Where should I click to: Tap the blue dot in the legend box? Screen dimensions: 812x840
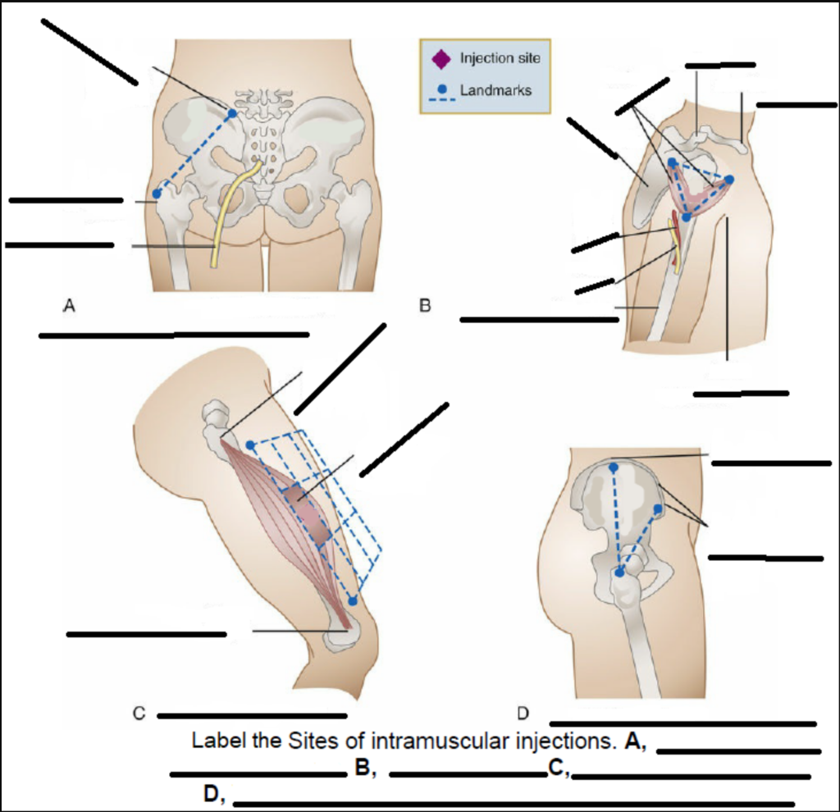441,89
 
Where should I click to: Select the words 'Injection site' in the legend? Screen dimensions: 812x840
500,59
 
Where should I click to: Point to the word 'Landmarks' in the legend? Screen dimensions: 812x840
495,89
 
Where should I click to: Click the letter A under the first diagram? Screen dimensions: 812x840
70,306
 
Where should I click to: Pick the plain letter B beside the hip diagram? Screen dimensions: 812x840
425,306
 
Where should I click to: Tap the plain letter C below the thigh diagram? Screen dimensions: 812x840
139,714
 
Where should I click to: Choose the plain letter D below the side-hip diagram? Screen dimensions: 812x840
523,713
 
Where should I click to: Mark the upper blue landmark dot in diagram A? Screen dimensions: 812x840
231,113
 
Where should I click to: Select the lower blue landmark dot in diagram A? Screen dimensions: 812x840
157,194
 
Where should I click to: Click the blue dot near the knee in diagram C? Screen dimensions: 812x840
352,601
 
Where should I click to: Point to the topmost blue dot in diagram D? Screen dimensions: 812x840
614,468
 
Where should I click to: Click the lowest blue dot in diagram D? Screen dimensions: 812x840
620,572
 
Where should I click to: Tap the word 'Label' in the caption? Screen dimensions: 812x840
214,741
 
